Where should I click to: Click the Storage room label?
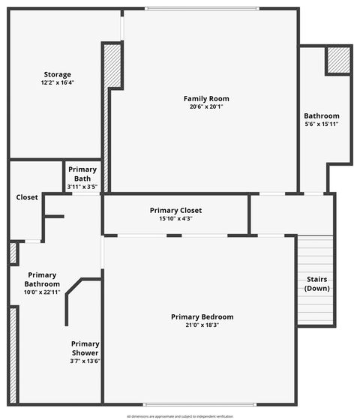[x=57, y=74]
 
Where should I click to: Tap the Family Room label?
[x=206, y=98]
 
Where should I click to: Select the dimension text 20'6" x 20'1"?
[x=206, y=106]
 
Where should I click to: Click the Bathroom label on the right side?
[x=321, y=115]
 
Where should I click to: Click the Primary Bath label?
[x=82, y=174]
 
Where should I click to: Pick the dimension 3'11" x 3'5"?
[x=82, y=186]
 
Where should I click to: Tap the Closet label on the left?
[x=27, y=197]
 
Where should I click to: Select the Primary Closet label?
[x=175, y=210]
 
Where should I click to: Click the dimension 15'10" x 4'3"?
[x=175, y=218]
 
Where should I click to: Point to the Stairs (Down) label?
[x=317, y=283]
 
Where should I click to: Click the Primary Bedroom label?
[x=202, y=316]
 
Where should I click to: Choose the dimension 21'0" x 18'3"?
[x=202, y=325]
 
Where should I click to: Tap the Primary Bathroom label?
[x=42, y=279]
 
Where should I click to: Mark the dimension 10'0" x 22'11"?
[x=42, y=292]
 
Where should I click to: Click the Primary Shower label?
[x=85, y=348]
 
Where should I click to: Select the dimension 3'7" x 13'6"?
[x=85, y=361]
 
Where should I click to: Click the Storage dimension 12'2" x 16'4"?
[x=57, y=82]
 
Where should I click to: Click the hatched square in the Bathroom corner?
[x=338, y=60]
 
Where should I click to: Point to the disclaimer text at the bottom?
[x=180, y=415]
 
